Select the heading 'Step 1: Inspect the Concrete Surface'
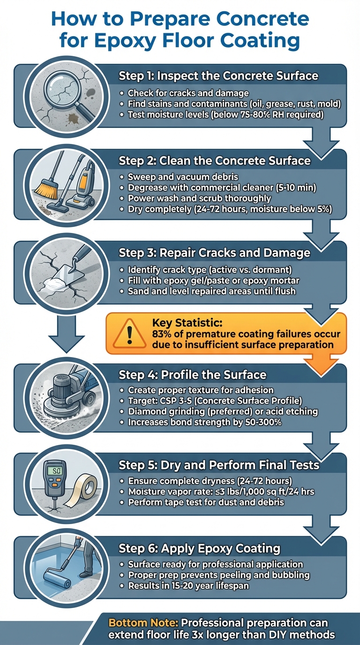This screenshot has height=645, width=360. point(218,76)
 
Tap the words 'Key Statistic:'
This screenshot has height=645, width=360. point(183,323)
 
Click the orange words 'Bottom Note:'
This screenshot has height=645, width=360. point(143,623)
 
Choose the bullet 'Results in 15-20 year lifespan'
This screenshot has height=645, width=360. point(195,586)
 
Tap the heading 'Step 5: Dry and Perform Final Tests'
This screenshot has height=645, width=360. point(219,465)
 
